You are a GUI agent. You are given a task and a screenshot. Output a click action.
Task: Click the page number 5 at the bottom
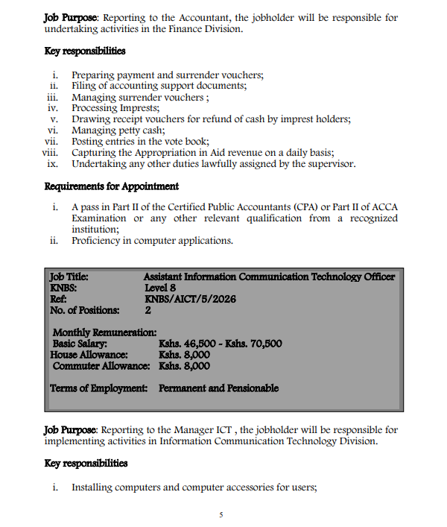221,514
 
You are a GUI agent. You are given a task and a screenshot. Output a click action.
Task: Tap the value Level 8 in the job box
160,287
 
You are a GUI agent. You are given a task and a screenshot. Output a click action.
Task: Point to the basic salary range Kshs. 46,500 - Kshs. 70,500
220,344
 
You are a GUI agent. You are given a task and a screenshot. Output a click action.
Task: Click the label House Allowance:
89,355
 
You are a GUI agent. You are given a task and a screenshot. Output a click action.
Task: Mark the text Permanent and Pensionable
218,388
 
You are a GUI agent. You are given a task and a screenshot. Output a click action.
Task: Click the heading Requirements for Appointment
112,186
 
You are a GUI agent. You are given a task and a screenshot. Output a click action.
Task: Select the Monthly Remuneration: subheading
104,332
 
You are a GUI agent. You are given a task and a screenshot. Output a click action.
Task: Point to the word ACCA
385,207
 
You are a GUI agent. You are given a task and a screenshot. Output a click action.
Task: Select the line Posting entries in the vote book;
140,142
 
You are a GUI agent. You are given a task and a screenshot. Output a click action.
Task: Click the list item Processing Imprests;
110,108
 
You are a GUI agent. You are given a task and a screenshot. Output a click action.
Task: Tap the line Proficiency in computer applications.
152,241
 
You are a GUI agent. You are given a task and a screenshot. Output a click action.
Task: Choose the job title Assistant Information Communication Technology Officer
269,277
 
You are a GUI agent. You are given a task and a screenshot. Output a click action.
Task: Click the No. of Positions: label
84,309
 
